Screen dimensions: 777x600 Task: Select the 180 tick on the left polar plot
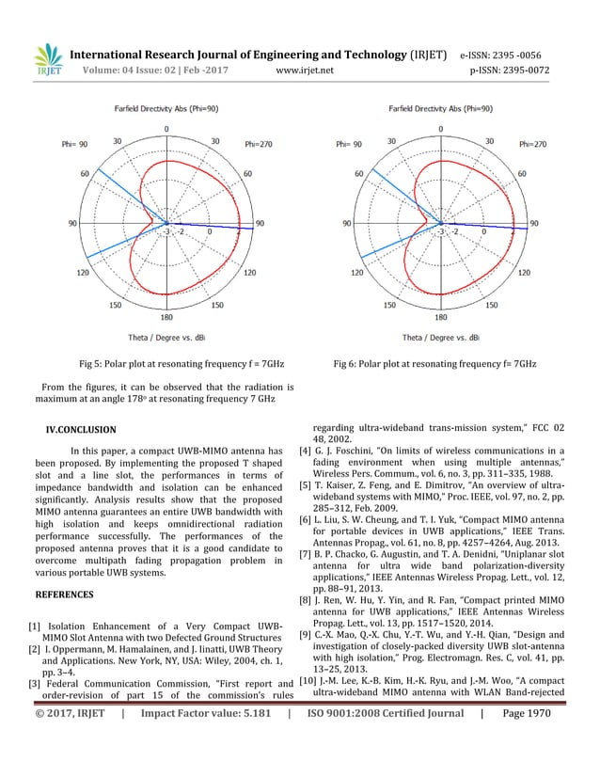(x=167, y=318)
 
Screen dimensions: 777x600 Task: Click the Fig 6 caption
(x=434, y=363)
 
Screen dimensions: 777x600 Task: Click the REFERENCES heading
(x=65, y=595)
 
